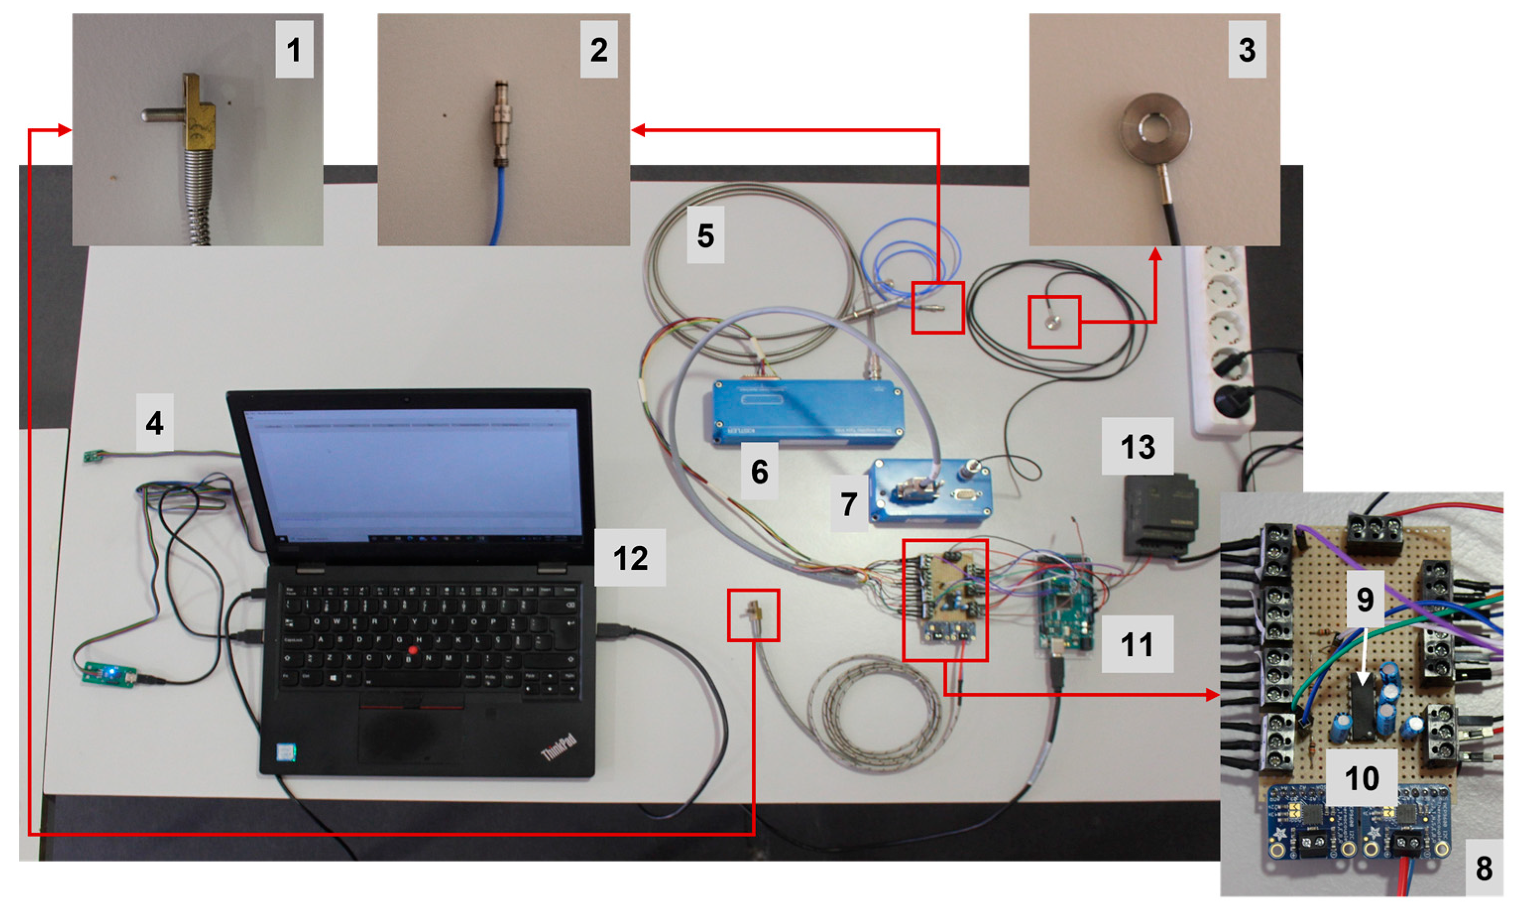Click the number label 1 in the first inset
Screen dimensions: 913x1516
click(x=294, y=50)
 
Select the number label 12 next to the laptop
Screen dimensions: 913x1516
click(x=629, y=557)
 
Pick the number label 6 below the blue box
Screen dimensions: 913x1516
click(x=759, y=471)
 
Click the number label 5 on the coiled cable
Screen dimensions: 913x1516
click(x=705, y=235)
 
